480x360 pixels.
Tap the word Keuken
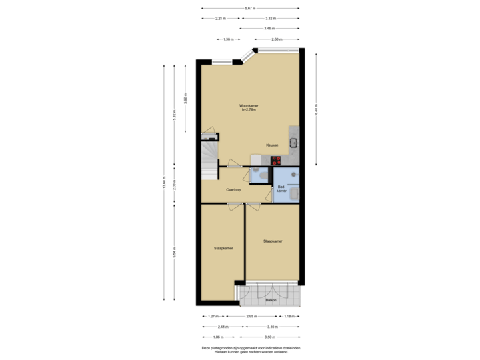pos(271,145)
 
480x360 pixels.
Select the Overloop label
pos(233,189)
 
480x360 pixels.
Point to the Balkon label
pos(271,301)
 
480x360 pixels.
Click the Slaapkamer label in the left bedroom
pos(223,248)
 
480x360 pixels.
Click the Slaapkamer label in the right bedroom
pos(273,241)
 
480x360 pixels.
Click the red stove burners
pos(275,159)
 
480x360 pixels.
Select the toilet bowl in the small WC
pos(265,174)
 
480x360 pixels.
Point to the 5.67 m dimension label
pos(249,8)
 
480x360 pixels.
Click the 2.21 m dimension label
pos(221,18)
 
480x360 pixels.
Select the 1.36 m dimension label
pos(227,39)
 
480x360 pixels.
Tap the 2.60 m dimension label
pos(276,39)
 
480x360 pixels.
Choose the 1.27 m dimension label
pos(213,316)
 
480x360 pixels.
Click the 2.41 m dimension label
pos(223,327)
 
